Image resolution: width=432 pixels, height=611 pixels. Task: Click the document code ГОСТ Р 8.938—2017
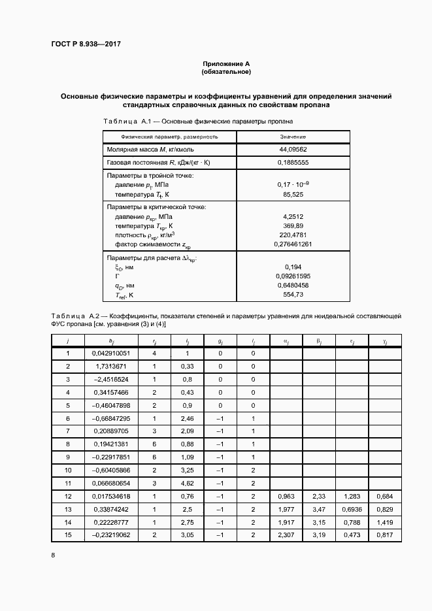coord(86,44)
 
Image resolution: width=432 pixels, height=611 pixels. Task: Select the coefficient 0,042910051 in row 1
coord(111,354)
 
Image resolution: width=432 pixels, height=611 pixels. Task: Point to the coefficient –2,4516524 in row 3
coord(111,379)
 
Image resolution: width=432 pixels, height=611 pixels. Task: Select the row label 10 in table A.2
coord(68,470)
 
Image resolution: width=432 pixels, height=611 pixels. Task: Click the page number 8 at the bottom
coord(53,555)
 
